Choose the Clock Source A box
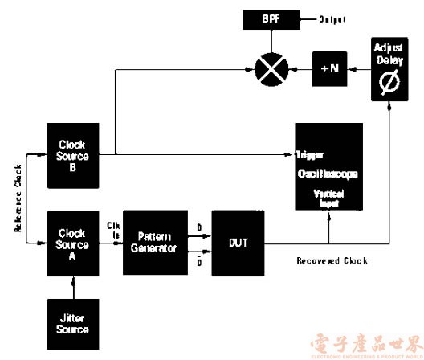pyautogui.click(x=73, y=239)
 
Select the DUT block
pyautogui.click(x=238, y=243)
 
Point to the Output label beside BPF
pyautogui.click(x=332, y=18)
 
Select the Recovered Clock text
pyautogui.click(x=331, y=261)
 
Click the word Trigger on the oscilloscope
pyautogui.click(x=309, y=153)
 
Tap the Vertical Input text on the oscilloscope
pyautogui.click(x=328, y=199)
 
